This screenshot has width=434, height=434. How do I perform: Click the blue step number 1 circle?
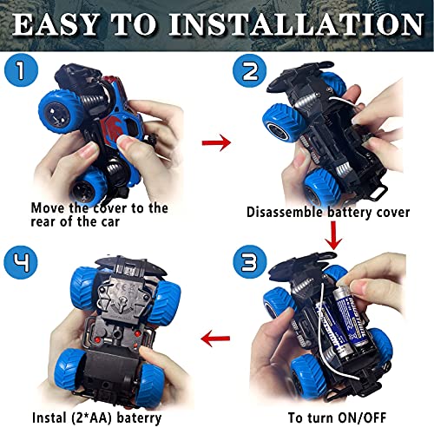pyautogui.click(x=21, y=70)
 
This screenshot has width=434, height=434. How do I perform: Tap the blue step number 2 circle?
pyautogui.click(x=250, y=70)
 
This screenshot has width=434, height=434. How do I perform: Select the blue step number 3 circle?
pyautogui.click(x=250, y=262)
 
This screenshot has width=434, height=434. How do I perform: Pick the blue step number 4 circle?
pyautogui.click(x=21, y=262)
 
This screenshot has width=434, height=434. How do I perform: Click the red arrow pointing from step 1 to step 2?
pyautogui.click(x=216, y=142)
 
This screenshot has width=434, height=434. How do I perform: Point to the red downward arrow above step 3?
pyautogui.click(x=333, y=235)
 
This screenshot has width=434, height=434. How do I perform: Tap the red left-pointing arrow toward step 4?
pyautogui.click(x=215, y=338)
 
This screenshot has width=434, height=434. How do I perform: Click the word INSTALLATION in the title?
pyautogui.click(x=296, y=24)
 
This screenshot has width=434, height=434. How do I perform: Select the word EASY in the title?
pyautogui.click(x=55, y=24)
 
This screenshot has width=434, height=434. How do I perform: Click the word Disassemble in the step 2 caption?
pyautogui.click(x=285, y=212)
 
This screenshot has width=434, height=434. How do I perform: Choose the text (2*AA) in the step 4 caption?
pyautogui.click(x=89, y=418)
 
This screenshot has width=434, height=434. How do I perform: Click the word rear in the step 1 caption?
pyautogui.click(x=43, y=222)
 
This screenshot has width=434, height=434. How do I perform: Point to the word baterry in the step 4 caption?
pyautogui.click(x=139, y=418)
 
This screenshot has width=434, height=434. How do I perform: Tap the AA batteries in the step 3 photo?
pyautogui.click(x=341, y=319)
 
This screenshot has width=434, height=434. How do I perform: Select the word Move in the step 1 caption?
pyautogui.click(x=48, y=208)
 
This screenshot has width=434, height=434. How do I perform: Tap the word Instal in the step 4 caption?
pyautogui.click(x=47, y=418)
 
